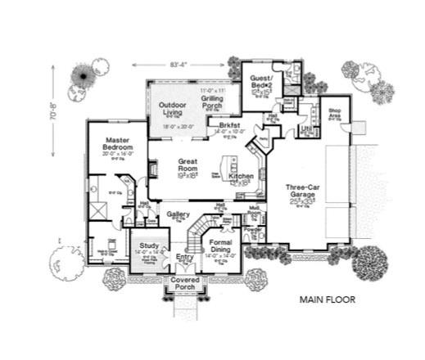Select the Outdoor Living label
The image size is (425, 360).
[173, 108]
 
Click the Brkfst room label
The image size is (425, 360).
[228, 125]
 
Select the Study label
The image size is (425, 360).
[148, 245]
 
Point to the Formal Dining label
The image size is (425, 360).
[222, 247]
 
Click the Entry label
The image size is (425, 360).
[185, 259]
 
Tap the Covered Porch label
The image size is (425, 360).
[185, 284]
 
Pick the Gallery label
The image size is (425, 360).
[179, 214]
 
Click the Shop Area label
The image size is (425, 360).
[334, 112]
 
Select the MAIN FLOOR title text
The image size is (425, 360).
[327, 299]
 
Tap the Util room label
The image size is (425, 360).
[305, 128]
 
